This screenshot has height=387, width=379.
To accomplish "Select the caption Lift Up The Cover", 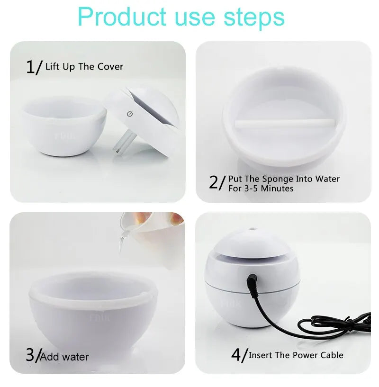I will point(84,67).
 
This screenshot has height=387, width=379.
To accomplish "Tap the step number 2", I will point(215,182).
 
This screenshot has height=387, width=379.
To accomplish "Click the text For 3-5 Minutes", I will point(261,189).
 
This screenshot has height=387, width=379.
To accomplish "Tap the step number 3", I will point(30,355).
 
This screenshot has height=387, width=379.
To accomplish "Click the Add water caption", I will point(64,356).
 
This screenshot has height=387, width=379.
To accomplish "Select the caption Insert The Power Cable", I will point(296,355).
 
